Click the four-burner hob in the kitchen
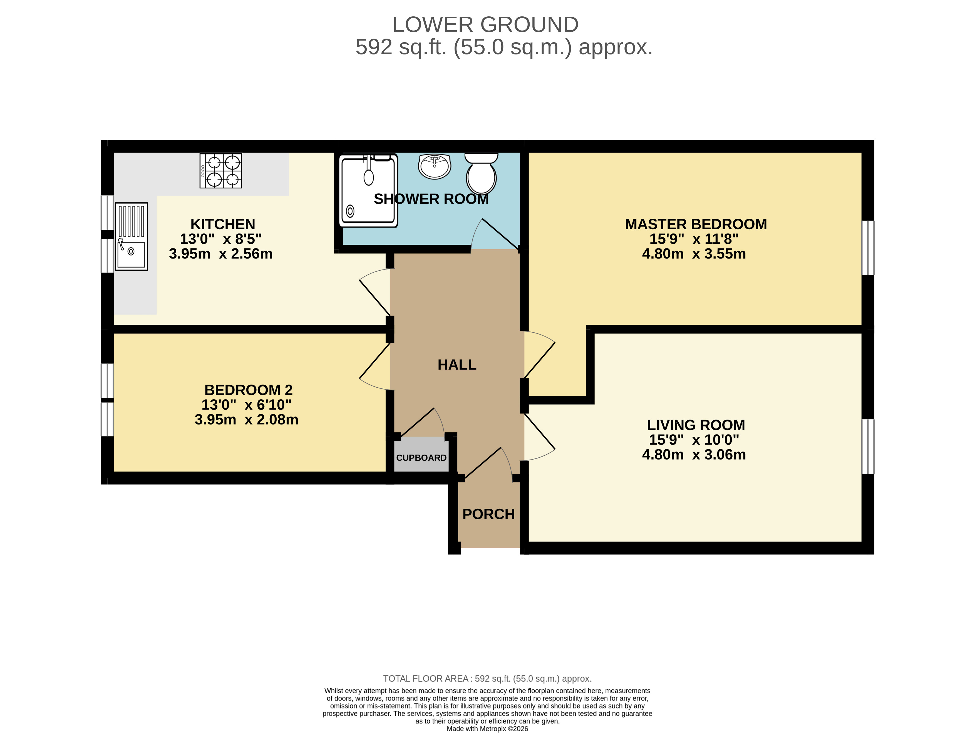(221, 171)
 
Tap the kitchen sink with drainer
(131, 236)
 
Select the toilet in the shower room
(481, 174)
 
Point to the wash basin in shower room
(435, 166)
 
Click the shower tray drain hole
(350, 211)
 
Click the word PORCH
(488, 514)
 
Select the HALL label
(457, 365)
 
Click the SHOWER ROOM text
(431, 199)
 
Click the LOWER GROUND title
(485, 25)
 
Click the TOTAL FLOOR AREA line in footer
(487, 679)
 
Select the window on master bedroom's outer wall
(867, 248)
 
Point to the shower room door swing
(494, 236)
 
